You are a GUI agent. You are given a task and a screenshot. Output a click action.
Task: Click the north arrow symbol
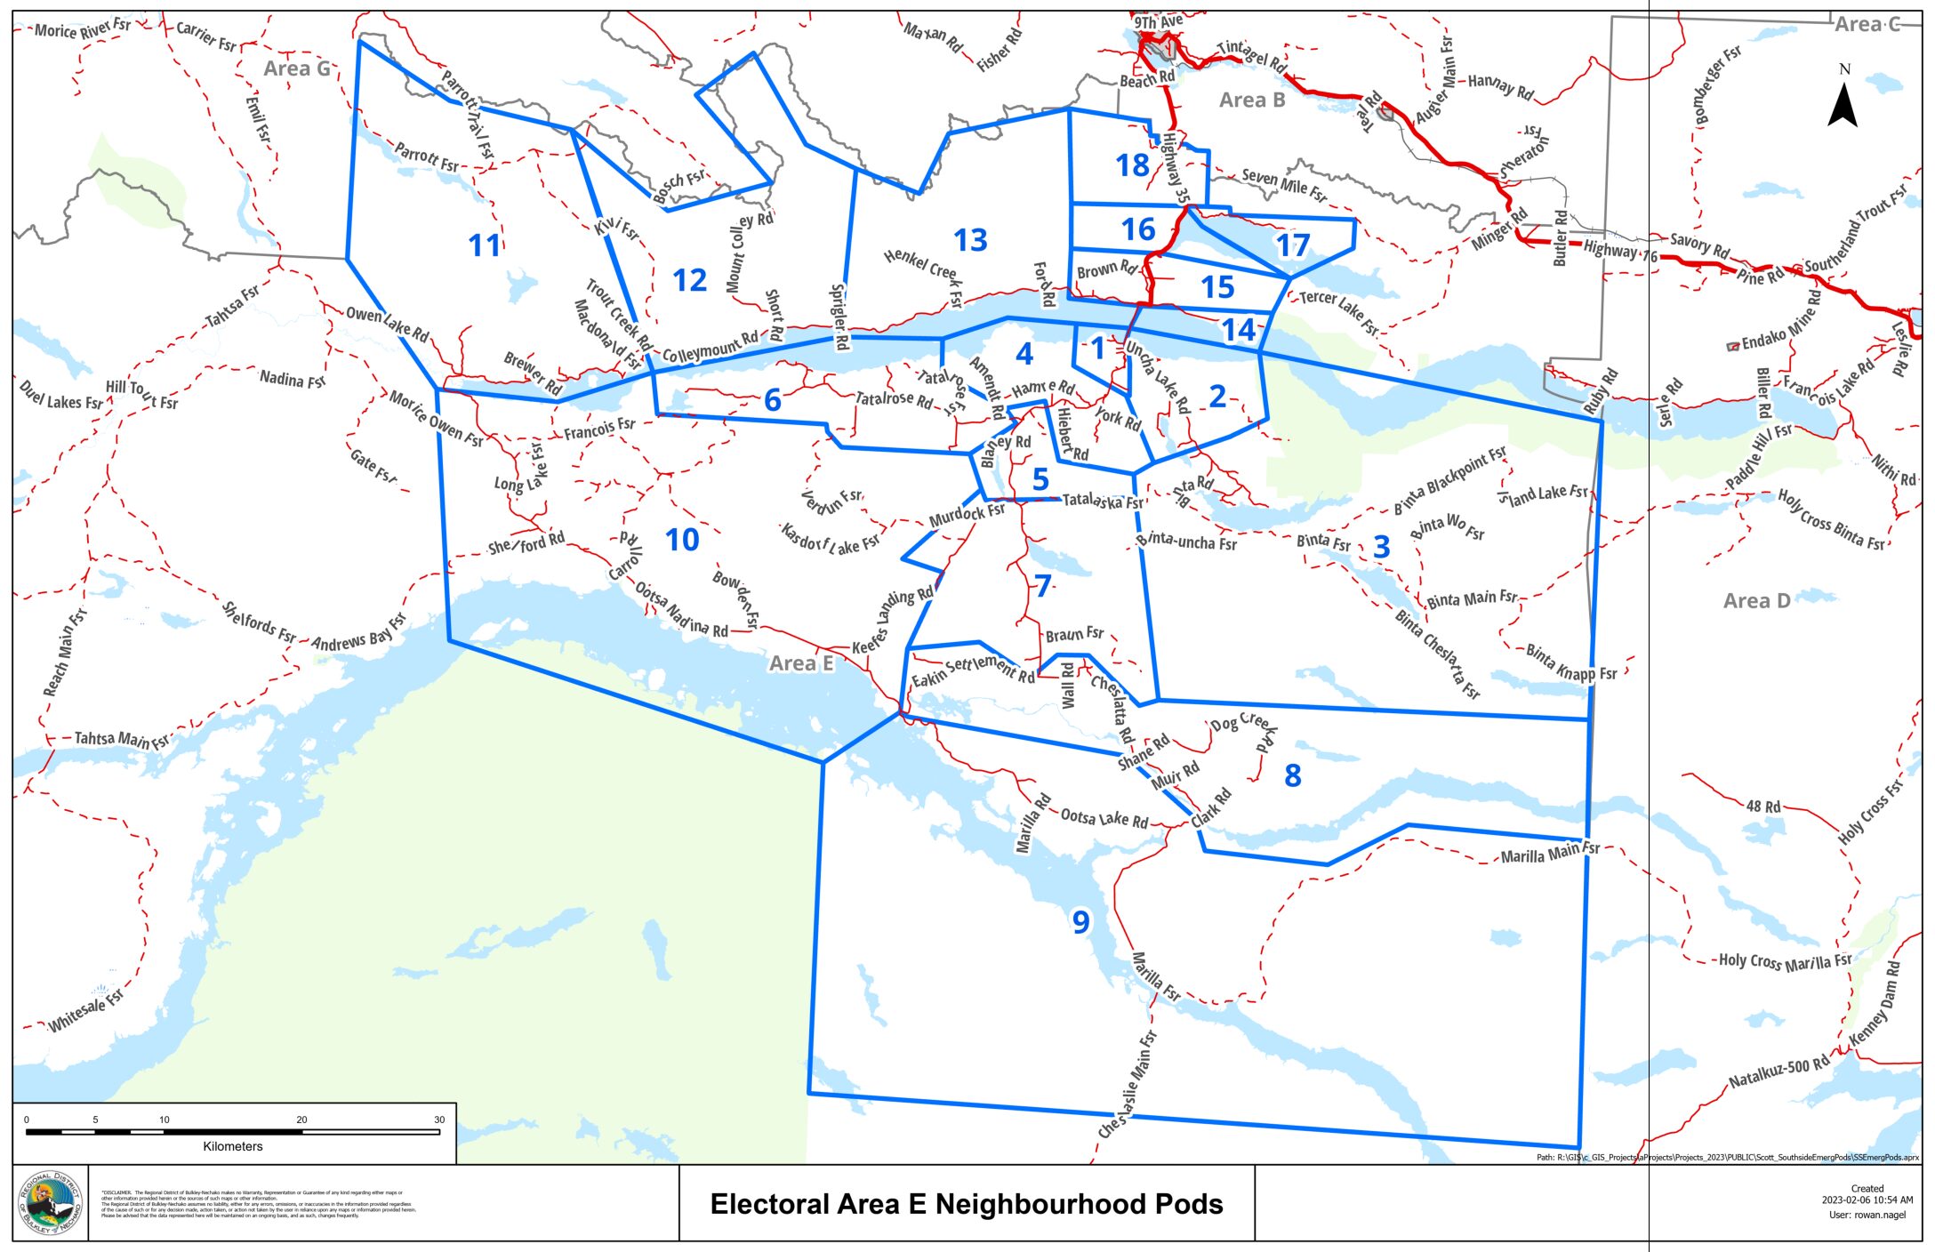tap(1843, 103)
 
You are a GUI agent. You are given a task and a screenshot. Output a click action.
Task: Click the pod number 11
tap(485, 245)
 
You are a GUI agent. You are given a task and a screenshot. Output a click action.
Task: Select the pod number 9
tap(1080, 922)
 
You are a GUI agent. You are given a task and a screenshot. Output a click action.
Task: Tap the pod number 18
tap(1132, 165)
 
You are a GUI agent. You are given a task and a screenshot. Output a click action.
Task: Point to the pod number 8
tap(1293, 775)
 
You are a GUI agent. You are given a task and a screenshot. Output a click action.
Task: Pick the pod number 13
tap(970, 240)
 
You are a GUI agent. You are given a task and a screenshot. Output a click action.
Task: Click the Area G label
tap(297, 68)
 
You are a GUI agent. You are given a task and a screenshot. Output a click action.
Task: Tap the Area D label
tap(1756, 601)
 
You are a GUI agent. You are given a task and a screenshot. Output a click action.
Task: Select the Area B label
tap(1252, 100)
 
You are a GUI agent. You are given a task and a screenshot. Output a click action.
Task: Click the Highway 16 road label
tap(1620, 252)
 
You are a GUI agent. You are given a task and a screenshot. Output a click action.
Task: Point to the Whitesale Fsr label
tap(86, 1012)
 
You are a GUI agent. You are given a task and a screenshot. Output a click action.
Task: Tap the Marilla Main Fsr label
tap(1549, 853)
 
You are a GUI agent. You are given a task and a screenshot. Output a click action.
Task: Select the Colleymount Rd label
tap(710, 347)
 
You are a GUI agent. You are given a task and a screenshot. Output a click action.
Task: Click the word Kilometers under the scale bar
tap(233, 1146)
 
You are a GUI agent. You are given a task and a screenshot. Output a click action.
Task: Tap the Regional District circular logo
tap(51, 1204)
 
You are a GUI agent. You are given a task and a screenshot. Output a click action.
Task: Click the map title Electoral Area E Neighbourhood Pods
tap(967, 1204)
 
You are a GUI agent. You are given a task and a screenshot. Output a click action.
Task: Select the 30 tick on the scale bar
tap(439, 1120)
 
